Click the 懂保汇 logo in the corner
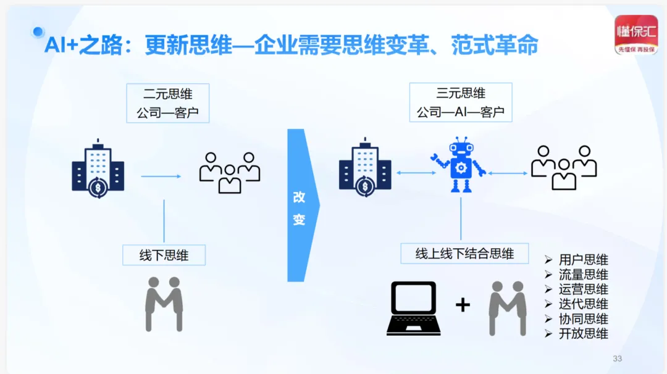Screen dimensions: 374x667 [636, 35]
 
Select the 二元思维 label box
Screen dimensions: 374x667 [167, 103]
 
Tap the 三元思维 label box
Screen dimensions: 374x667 [460, 102]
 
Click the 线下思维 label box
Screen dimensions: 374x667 [164, 255]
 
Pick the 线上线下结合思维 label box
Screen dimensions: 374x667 [464, 253]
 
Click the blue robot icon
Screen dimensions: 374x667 [458, 165]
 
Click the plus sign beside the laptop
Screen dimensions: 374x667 [463, 304]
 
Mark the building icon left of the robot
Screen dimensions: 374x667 [365, 167]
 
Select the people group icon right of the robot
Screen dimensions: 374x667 [563, 167]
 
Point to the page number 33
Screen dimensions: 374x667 [617, 359]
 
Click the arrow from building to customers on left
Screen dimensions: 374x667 [161, 177]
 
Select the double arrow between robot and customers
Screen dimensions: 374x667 [508, 173]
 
